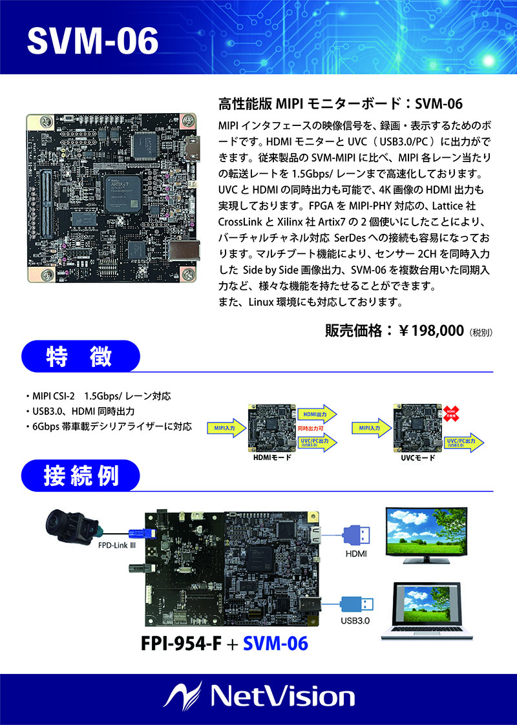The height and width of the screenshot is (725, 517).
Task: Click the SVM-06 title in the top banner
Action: (92, 41)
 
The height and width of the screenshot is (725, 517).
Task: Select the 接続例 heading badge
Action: (81, 477)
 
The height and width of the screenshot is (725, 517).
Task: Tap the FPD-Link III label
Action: (116, 545)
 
